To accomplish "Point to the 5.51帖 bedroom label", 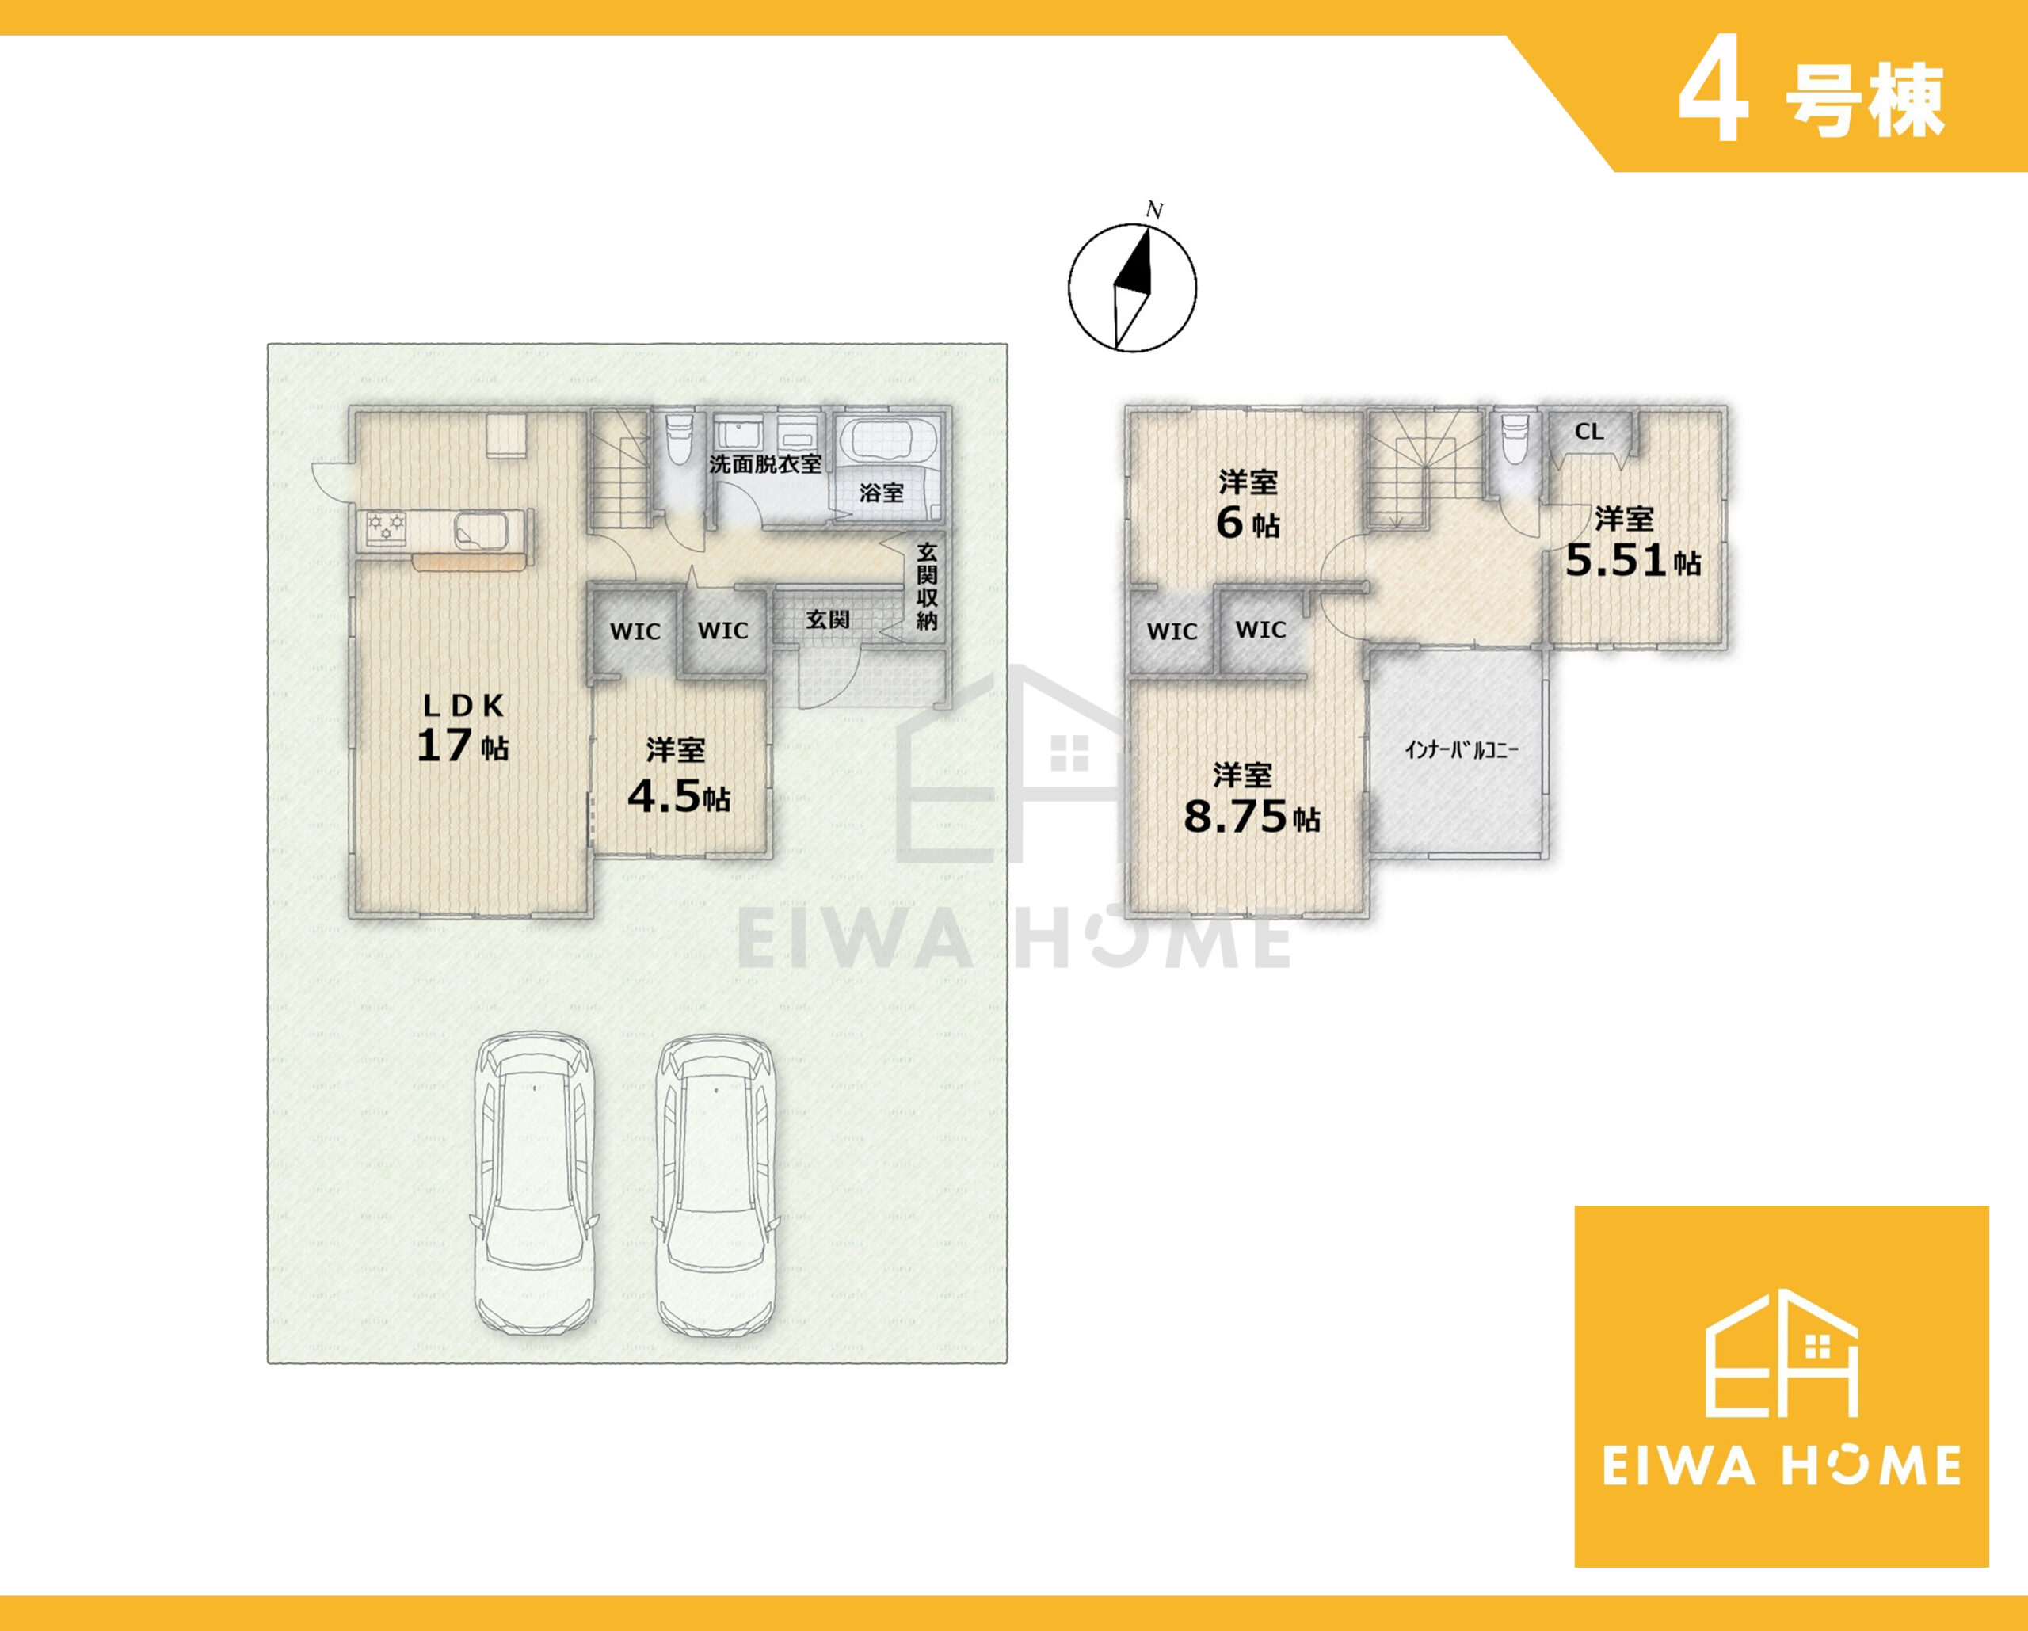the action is [x=1633, y=542].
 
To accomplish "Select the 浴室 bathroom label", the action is [x=882, y=492].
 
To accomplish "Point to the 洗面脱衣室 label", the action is [x=766, y=463].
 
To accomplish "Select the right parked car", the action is [x=717, y=1185].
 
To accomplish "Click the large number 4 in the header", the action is [x=1714, y=104].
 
